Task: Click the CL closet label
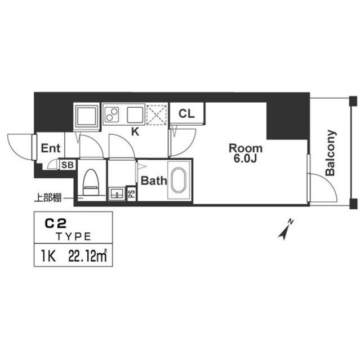tap(186, 113)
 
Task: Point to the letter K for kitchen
tap(135, 133)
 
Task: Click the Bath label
tap(153, 181)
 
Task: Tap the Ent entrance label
tap(51, 149)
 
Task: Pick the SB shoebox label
tap(67, 165)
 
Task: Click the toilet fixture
tap(90, 182)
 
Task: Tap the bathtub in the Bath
tap(180, 181)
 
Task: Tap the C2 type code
tap(54, 224)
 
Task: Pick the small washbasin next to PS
tap(117, 193)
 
